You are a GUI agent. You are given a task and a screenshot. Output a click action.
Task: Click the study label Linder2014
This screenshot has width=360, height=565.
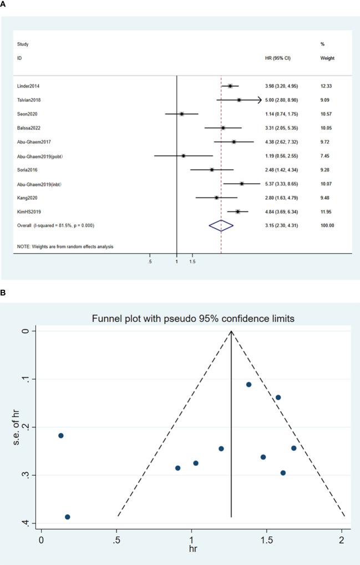[x=28, y=86]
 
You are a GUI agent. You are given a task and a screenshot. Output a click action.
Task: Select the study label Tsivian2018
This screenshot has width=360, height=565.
[x=29, y=100]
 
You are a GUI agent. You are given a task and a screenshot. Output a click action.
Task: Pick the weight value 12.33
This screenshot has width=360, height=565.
[x=327, y=86]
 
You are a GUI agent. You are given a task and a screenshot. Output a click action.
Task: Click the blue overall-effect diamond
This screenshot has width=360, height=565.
[x=221, y=225]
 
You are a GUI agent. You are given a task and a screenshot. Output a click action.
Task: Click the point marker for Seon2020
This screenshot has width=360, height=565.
[x=182, y=114]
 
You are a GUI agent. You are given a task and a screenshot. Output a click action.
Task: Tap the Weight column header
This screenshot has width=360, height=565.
[x=327, y=58]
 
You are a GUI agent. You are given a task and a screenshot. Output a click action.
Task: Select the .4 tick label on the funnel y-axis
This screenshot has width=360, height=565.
[x=26, y=523]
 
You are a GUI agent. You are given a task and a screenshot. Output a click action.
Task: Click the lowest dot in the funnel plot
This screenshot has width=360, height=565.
[x=67, y=517]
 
